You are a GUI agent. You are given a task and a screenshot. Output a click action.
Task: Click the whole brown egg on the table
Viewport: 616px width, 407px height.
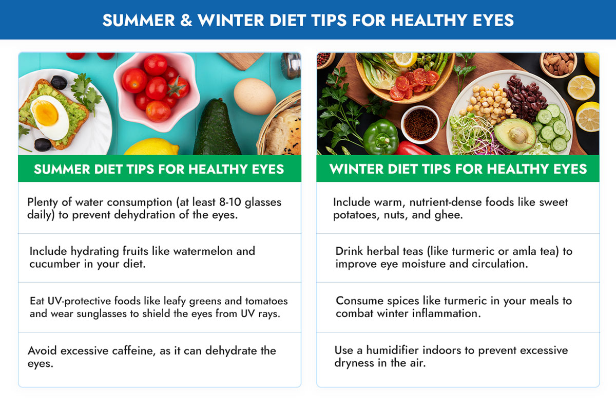coord(255,96)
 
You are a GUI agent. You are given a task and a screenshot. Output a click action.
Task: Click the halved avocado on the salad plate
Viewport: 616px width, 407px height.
coord(515,134)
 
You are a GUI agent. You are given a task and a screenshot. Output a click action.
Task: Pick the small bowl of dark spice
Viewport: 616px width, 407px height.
coord(420,124)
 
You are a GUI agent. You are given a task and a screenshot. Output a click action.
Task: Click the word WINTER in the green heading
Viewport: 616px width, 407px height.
coord(362,169)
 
